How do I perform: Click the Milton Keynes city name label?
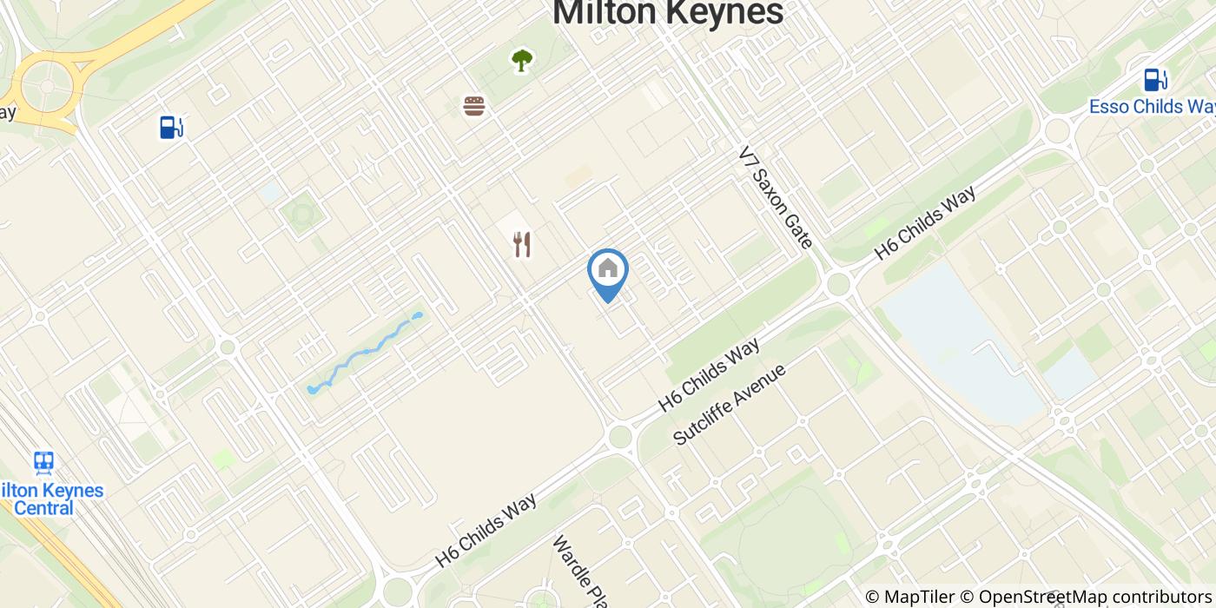[x=668, y=12]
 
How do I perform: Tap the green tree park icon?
[x=521, y=60]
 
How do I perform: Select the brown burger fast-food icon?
[x=473, y=106]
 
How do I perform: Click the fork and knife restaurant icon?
[x=521, y=244]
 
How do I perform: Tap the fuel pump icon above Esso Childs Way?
[x=1153, y=80]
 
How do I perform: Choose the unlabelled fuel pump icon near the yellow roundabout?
[x=171, y=128]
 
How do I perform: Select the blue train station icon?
[x=43, y=462]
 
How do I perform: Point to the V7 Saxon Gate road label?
[x=776, y=197]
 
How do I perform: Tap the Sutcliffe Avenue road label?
[x=730, y=404]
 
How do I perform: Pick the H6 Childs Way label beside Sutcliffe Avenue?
[x=709, y=374]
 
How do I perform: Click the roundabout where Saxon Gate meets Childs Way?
[x=838, y=283]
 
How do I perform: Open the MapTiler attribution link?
[x=910, y=597]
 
